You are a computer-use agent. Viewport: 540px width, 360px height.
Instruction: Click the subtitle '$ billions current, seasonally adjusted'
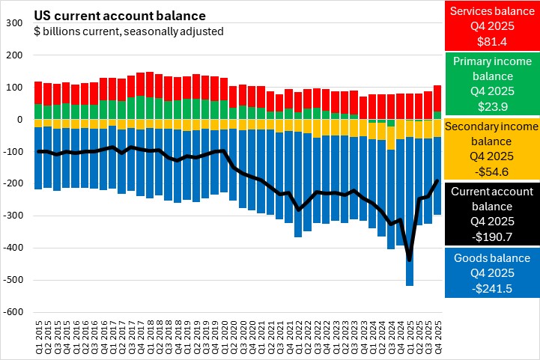coord(128,31)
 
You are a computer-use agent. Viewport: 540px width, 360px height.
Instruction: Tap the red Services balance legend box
coord(491,25)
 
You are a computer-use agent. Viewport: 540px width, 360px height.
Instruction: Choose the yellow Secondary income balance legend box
coord(491,147)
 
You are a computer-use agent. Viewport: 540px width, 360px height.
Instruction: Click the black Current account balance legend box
coord(491,213)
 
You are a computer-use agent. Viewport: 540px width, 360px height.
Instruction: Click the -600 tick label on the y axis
coord(13,312)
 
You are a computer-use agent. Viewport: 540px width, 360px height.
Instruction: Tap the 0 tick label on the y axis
coord(21,120)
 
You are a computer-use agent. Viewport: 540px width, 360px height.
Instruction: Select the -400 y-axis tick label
coord(13,248)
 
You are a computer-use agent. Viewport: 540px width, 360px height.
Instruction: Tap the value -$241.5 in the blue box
coord(491,288)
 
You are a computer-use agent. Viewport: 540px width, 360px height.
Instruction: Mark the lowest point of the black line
coord(410,260)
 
